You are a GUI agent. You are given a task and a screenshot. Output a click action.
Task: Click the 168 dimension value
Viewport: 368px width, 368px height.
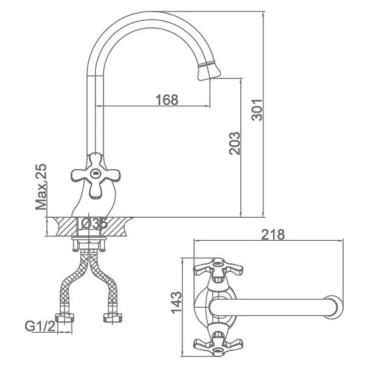(x=167, y=100)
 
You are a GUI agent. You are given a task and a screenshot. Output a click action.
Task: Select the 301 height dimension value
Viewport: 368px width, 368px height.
(x=257, y=110)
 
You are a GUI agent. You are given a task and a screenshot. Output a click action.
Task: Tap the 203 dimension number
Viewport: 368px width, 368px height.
(x=235, y=144)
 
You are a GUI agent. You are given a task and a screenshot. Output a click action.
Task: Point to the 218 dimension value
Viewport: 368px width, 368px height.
(x=273, y=234)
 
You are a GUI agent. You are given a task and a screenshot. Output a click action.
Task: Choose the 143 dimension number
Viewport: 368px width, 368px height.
(x=176, y=303)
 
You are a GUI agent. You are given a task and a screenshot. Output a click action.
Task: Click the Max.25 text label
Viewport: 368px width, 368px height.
(x=41, y=187)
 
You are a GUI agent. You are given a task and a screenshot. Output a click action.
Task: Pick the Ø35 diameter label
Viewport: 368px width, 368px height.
(x=94, y=223)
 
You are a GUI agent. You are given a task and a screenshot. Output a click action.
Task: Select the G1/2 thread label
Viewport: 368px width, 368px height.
(x=40, y=326)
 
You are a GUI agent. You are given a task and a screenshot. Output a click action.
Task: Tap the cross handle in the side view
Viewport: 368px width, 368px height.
(x=95, y=176)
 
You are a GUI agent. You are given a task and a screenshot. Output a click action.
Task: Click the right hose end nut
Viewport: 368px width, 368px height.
(x=113, y=318)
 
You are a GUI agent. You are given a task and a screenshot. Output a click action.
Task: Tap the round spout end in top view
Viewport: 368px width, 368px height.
(x=333, y=307)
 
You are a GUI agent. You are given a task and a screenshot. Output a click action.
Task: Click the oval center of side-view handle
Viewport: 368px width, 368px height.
(x=95, y=174)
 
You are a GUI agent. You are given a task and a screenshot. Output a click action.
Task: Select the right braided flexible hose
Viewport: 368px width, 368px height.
(x=104, y=282)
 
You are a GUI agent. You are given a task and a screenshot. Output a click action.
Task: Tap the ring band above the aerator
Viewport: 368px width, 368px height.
(x=207, y=64)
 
